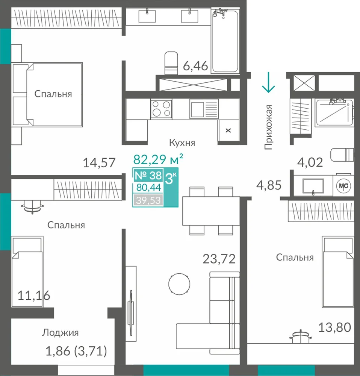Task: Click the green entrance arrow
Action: [268, 82]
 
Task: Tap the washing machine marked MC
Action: [343, 186]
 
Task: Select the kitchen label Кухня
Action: [182, 143]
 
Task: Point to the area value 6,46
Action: [195, 66]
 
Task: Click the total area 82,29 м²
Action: [158, 159]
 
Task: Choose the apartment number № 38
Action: [148, 175]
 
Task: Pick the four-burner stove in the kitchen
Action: [161, 109]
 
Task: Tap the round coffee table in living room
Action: [179, 284]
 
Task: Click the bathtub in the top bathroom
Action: [225, 41]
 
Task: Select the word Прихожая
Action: [268, 127]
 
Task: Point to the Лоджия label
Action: [61, 333]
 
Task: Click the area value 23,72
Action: [219, 259]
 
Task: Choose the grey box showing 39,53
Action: [148, 200]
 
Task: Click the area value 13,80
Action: [334, 327]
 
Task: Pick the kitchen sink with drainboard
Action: [204, 109]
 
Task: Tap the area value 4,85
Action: [269, 185]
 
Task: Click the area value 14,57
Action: [99, 162]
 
